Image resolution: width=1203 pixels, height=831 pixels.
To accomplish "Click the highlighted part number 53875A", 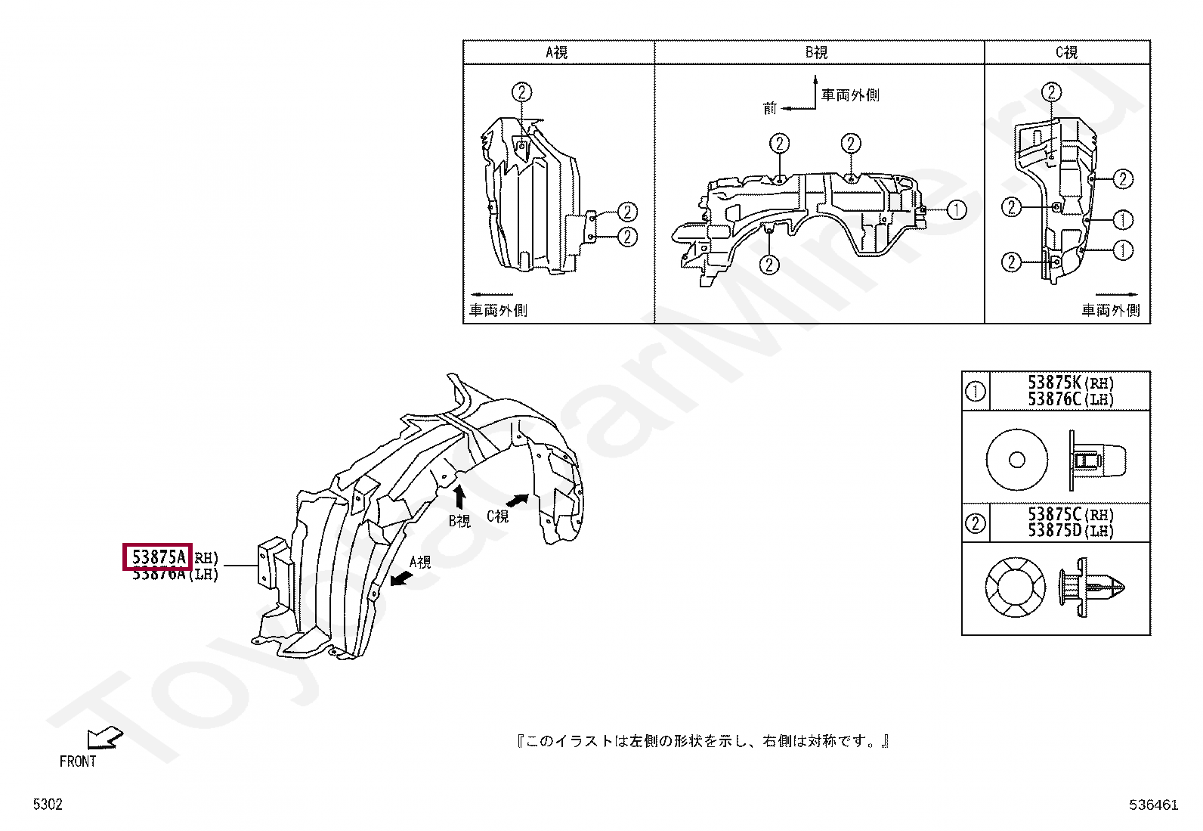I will click(159, 557).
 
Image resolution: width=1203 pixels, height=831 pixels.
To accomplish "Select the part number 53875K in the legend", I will click(1055, 383).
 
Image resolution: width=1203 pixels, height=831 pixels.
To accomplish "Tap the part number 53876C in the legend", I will click(1055, 399).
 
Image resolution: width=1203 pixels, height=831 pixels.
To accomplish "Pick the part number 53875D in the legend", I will click(1055, 531).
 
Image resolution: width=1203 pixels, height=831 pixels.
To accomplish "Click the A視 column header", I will click(557, 52).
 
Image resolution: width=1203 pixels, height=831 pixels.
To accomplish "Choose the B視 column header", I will click(817, 52).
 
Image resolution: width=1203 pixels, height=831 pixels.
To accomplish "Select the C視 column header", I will click(1066, 52).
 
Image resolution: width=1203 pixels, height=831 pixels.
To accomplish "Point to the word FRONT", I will click(78, 761).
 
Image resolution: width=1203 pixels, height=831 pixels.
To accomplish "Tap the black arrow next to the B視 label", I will click(458, 496).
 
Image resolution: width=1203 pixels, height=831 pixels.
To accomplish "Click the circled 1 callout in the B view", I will click(957, 209).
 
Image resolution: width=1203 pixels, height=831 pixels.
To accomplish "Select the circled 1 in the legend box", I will click(976, 391).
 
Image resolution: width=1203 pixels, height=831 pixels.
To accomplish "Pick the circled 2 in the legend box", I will click(976, 522).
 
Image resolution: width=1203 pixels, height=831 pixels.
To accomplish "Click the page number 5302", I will click(48, 805).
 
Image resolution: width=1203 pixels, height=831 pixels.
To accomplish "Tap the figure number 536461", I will click(1154, 805).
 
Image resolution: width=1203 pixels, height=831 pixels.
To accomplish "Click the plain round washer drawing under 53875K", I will click(1017, 460).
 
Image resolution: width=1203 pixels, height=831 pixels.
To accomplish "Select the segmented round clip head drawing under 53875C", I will click(1015, 588).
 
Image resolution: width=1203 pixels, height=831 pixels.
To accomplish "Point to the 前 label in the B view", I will click(770, 109).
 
